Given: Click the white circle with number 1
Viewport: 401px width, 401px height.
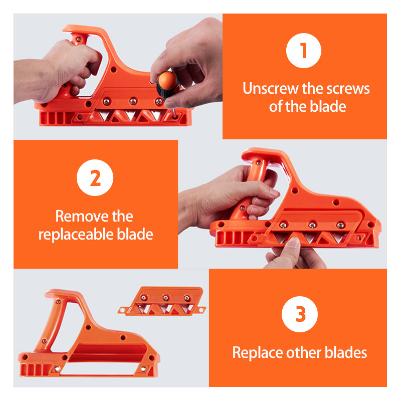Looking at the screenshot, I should tap(304, 50).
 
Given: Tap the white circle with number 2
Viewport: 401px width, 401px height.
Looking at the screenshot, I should tap(95, 178).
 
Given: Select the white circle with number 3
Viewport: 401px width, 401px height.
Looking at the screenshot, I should tap(300, 315).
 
